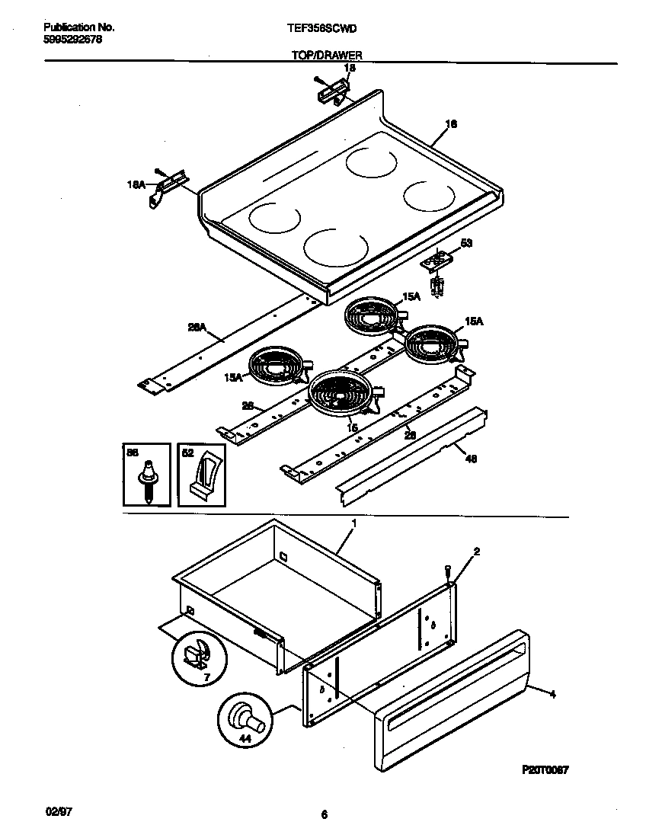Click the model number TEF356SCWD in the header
pyautogui.click(x=322, y=28)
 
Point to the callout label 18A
pyautogui.click(x=136, y=184)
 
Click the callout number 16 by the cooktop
pyautogui.click(x=451, y=124)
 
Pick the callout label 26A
pyautogui.click(x=197, y=327)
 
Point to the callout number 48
pyautogui.click(x=470, y=459)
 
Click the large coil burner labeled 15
pyautogui.click(x=340, y=396)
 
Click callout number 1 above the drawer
pyautogui.click(x=354, y=524)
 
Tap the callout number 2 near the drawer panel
pyautogui.click(x=476, y=551)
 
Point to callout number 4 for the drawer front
pyautogui.click(x=552, y=694)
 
